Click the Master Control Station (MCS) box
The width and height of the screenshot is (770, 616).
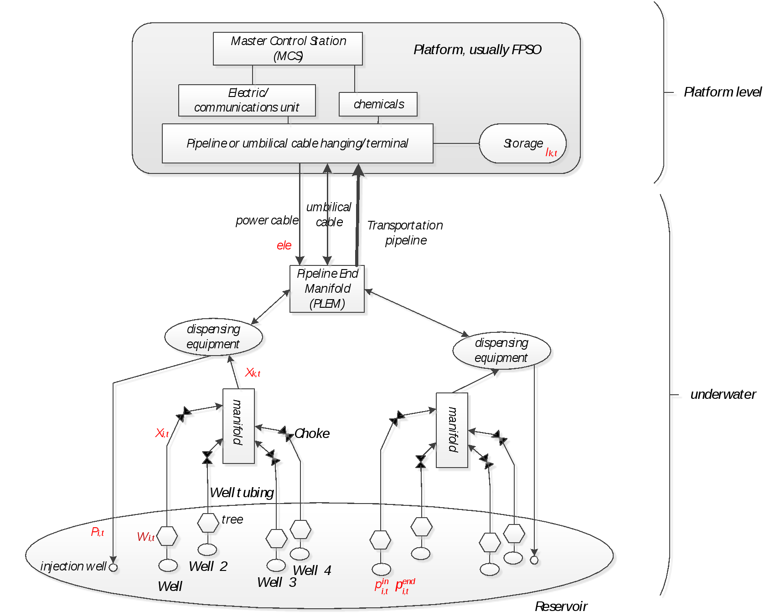coord(288,48)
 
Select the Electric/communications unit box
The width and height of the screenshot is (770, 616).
coord(247,100)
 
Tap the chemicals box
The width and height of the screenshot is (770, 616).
coord(378,104)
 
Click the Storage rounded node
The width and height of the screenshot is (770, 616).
coord(522,143)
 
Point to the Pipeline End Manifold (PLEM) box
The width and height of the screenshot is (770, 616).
coord(327,289)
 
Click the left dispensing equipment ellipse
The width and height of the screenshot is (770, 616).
coord(213,337)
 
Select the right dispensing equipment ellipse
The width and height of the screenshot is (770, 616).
coord(501,351)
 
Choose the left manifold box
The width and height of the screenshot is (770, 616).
coord(238,426)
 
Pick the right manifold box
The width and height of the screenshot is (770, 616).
coord(452,430)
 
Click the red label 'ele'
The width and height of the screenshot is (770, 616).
coord(284,245)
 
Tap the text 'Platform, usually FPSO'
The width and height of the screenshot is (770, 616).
coord(477,50)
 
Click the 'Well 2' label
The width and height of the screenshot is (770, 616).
coord(208,566)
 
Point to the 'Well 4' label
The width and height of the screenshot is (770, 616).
coord(312,570)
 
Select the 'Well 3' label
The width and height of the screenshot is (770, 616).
coord(277,582)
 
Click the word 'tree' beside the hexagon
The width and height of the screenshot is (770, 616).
coord(232,519)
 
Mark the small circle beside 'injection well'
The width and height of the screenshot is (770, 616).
coord(114,567)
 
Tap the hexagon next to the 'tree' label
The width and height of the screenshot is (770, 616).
coord(208,523)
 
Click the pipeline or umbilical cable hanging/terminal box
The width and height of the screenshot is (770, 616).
coord(297,143)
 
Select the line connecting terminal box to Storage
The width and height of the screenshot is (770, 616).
coord(456,143)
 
